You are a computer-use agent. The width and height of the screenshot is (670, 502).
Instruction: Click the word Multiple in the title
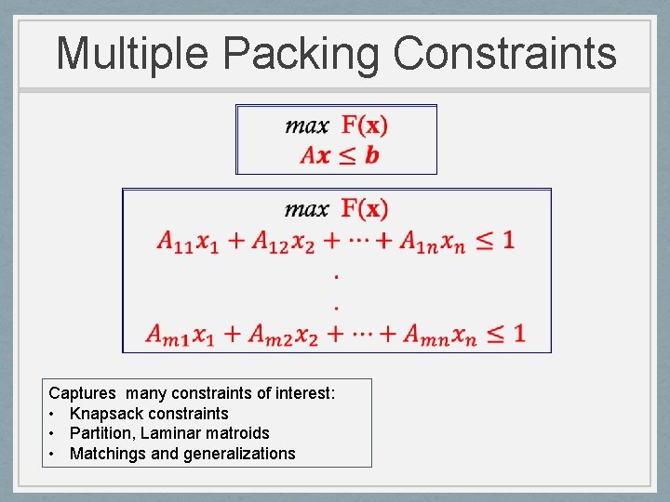[x=132, y=54]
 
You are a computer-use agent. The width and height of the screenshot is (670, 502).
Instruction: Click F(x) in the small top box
[x=365, y=125]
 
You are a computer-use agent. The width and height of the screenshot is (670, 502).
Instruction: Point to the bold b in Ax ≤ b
[x=372, y=155]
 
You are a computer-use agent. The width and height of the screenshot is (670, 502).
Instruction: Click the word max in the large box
[x=307, y=208]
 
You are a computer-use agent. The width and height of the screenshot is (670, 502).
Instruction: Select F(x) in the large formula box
[x=365, y=208]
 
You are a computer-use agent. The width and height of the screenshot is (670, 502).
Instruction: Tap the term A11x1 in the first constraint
[x=187, y=241]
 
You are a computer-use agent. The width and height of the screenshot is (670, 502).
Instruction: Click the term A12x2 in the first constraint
[x=277, y=241]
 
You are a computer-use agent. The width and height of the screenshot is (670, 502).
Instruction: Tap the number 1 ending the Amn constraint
[x=517, y=332]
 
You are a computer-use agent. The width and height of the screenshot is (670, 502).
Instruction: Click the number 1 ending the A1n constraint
[x=507, y=240]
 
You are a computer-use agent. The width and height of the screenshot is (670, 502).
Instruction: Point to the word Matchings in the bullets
[x=104, y=454]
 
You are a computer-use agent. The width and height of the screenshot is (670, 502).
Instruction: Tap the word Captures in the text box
[x=83, y=393]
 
